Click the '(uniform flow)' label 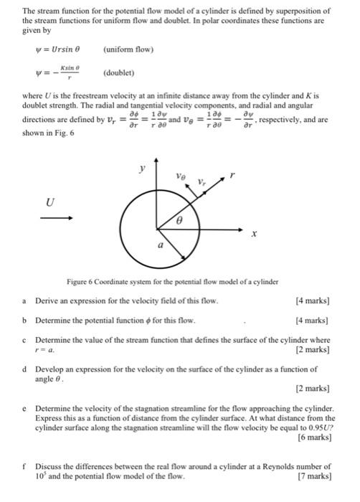coord(129,50)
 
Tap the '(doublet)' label coord(119,73)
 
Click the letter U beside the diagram coord(49,203)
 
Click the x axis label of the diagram coord(253,233)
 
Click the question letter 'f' coord(24,466)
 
